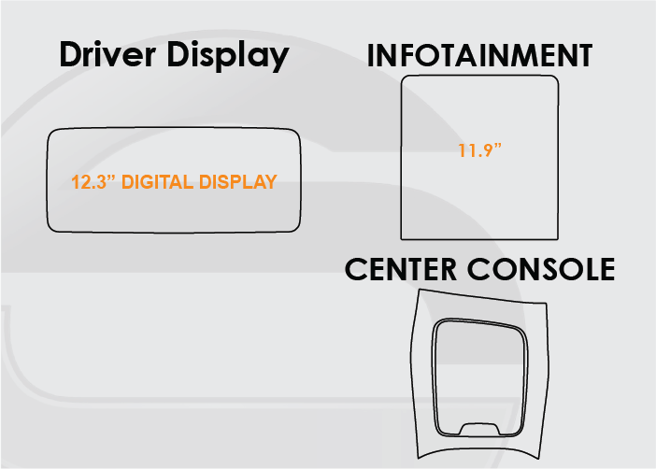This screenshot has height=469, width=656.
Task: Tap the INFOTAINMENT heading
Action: click(x=479, y=54)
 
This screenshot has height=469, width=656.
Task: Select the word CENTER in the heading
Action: click(x=403, y=269)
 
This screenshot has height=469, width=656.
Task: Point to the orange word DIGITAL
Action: click(x=158, y=182)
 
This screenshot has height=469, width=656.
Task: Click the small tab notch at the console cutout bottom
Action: click(x=478, y=427)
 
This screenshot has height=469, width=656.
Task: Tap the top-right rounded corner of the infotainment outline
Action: click(x=554, y=80)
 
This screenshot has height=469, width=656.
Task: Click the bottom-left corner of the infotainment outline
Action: click(x=403, y=237)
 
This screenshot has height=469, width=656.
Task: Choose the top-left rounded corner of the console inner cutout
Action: click(x=439, y=327)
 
